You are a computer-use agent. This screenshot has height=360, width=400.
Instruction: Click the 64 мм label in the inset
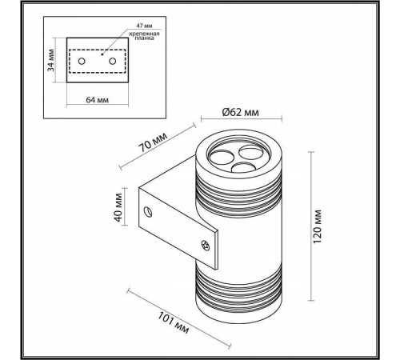coord(97,102)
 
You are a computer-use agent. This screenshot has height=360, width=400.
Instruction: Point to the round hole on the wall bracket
coord(148,210)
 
